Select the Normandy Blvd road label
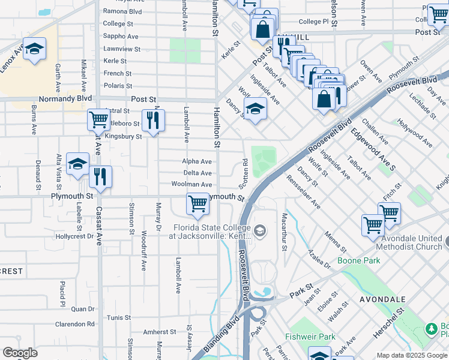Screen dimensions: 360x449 pos(65,98)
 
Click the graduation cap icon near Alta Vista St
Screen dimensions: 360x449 pos(77,164)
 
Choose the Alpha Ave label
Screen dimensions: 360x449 pos(197,161)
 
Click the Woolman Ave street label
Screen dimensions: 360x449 pos(191,185)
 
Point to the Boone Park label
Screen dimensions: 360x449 pos(351,260)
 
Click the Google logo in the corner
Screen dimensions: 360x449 pos(20,353)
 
